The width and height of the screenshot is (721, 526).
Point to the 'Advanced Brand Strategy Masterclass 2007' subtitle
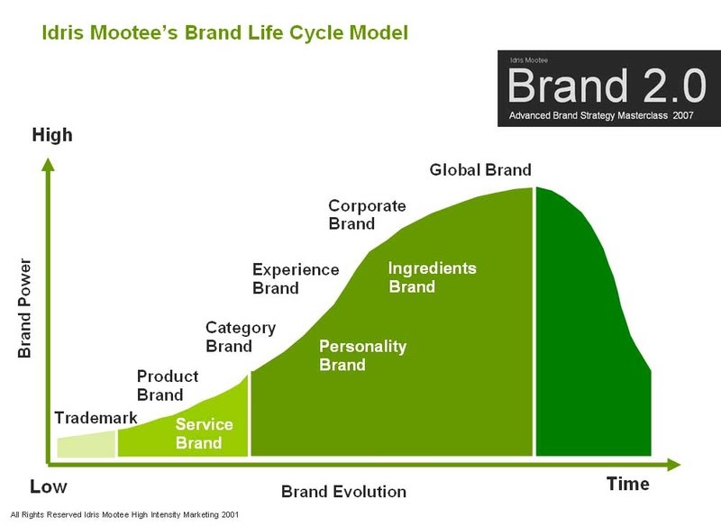(602, 116)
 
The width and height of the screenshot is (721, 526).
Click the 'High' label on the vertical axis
(51, 136)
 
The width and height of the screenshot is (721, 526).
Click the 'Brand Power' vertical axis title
(25, 309)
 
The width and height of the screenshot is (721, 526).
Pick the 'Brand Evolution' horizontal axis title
(343, 492)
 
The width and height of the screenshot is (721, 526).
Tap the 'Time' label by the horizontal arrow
(627, 484)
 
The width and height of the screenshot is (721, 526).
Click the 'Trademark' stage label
(96, 418)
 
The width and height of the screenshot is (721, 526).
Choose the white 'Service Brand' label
(204, 433)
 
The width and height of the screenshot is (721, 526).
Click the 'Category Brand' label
(241, 337)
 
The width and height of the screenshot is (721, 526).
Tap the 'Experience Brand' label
(283, 278)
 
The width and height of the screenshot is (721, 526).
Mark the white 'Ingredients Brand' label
(432, 277)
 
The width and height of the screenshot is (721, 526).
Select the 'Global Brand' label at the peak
(480, 169)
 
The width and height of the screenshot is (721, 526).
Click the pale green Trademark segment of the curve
(87, 445)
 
